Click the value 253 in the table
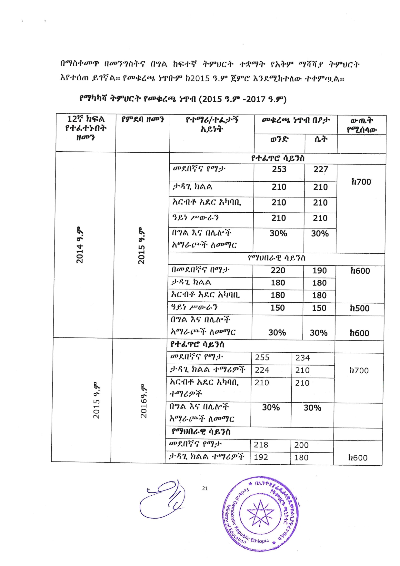click(279, 169)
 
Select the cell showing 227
click(320, 169)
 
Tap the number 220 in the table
click(278, 270)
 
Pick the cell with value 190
click(319, 271)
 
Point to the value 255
click(262, 358)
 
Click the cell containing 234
click(302, 358)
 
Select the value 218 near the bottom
click(261, 445)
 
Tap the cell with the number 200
click(301, 445)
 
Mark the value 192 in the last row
click(261, 458)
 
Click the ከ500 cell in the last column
click(360, 308)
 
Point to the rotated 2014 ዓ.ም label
click(79, 245)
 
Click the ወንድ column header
click(279, 140)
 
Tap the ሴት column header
click(321, 140)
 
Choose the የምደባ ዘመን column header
click(143, 120)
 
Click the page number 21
click(205, 489)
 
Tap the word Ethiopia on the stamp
click(259, 541)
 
